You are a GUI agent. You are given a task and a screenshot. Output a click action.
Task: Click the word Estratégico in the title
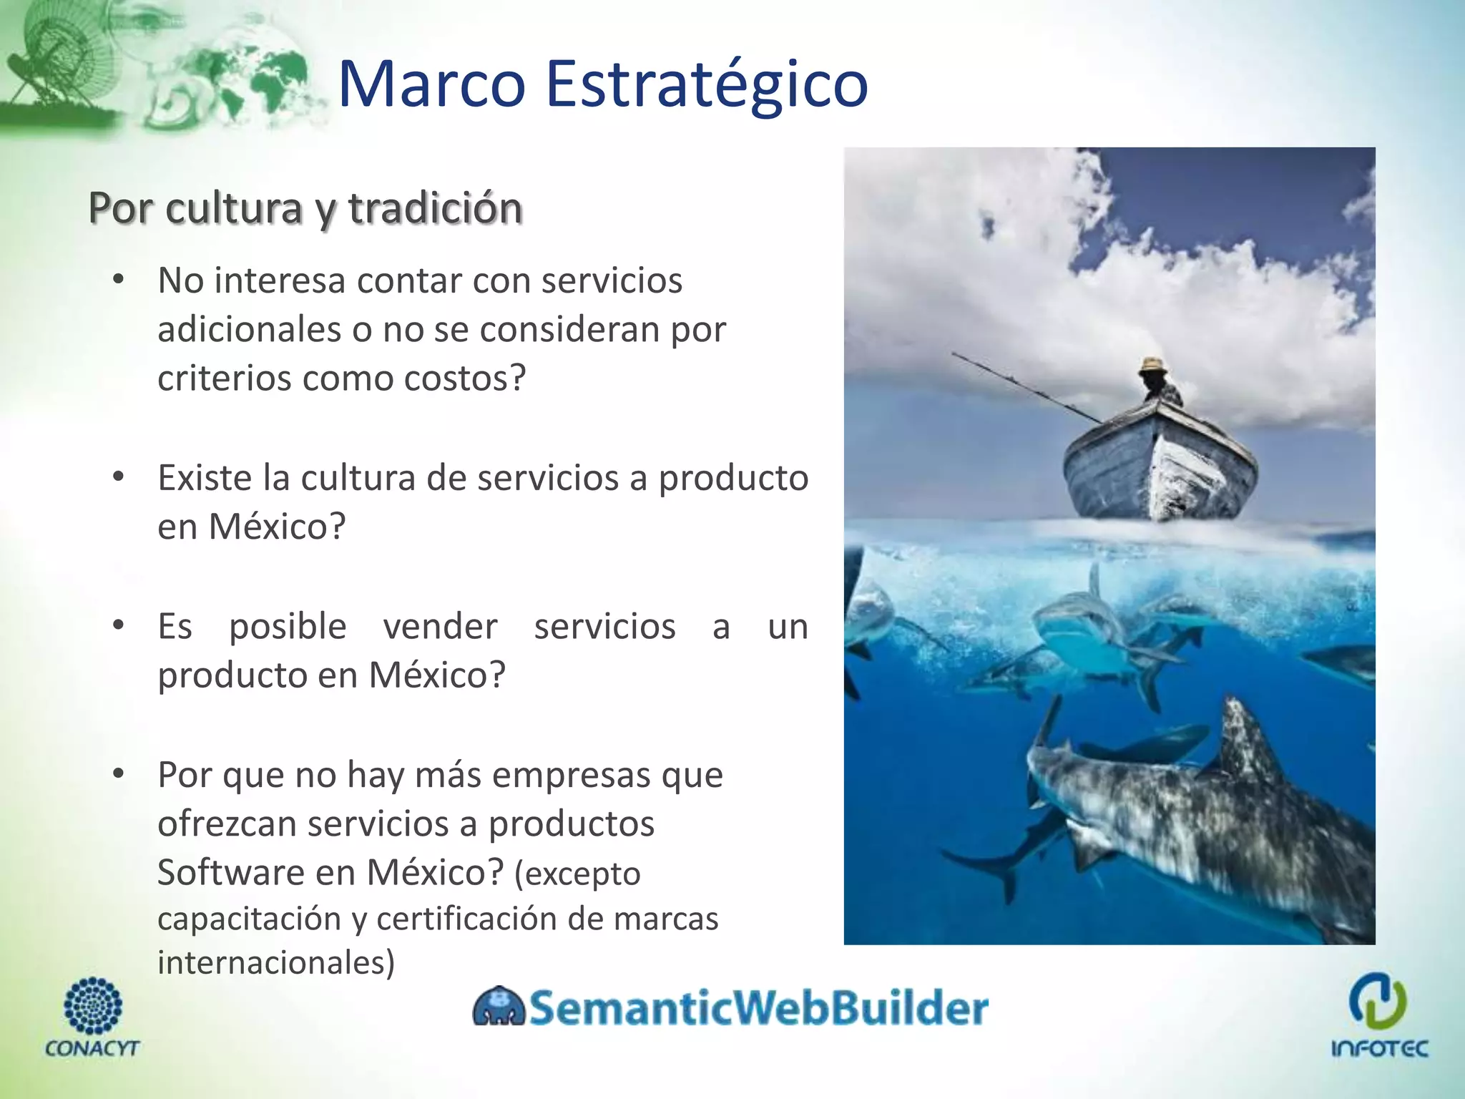(x=707, y=84)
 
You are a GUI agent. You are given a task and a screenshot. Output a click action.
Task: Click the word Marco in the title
(x=431, y=84)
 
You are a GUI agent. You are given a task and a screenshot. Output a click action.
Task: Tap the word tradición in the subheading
(x=436, y=208)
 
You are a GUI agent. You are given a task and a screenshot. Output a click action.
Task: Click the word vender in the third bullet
(x=440, y=626)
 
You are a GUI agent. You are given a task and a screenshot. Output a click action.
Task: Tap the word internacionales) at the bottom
(x=276, y=962)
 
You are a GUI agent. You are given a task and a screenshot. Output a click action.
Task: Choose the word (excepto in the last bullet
(x=577, y=874)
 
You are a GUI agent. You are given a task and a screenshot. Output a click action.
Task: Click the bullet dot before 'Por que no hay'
(x=119, y=773)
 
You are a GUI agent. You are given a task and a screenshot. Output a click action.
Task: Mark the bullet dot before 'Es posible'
(x=119, y=625)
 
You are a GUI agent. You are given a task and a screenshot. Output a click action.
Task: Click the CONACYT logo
(x=92, y=1016)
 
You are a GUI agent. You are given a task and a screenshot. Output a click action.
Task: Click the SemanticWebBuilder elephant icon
(x=499, y=1007)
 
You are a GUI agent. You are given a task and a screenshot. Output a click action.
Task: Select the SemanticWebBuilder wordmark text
(x=758, y=1007)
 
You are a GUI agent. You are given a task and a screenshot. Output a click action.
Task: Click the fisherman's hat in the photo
(x=1152, y=364)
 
